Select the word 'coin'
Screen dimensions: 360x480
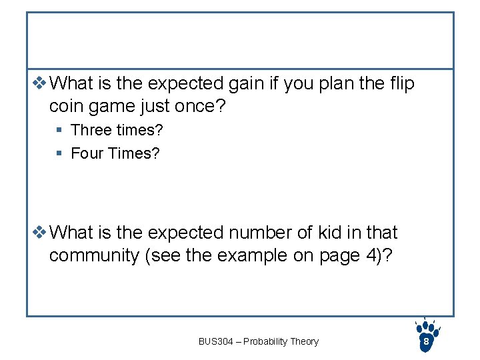67,107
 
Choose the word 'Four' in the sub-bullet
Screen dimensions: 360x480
87,153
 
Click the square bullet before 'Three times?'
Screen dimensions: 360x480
59,130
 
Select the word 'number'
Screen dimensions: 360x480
256,233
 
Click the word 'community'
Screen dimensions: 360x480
94,256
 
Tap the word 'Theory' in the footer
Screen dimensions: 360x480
305,341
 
